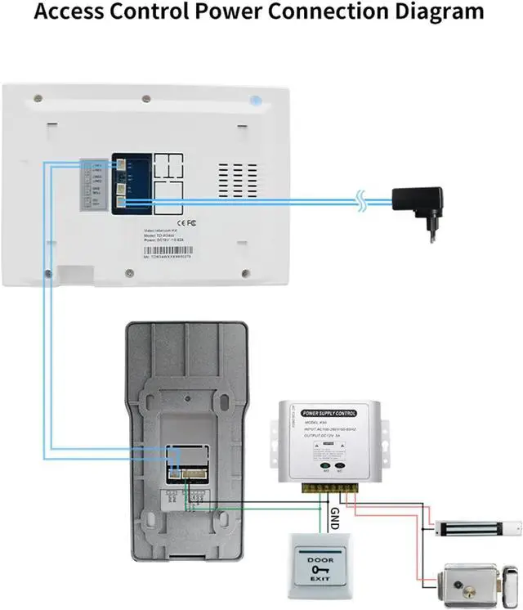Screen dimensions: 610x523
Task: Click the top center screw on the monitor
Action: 145,99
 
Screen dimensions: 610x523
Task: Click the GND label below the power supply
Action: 333,517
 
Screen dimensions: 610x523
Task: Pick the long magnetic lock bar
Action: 476,527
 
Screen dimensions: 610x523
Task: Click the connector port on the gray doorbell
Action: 183,463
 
